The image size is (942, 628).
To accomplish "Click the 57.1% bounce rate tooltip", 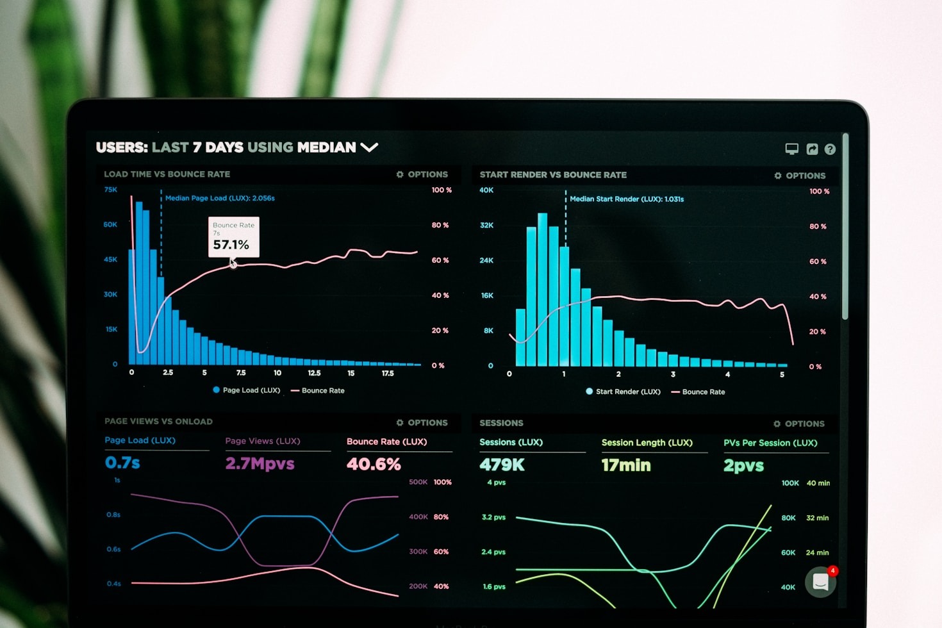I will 233,237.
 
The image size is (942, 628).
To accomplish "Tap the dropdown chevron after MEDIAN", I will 369,147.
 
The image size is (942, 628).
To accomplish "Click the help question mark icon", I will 830,149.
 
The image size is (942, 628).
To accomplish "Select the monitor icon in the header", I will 792,149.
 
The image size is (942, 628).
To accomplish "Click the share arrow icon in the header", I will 812,149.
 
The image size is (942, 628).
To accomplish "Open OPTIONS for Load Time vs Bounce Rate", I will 422,174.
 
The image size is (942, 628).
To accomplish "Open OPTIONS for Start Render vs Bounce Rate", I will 800,176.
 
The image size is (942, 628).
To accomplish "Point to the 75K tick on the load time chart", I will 111,190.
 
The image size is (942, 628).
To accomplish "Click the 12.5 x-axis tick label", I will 314,373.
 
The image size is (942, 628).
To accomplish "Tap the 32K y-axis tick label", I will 486,226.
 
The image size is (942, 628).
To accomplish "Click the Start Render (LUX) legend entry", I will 623,392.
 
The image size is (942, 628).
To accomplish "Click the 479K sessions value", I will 502,465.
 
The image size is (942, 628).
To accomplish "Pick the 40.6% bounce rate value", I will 374,464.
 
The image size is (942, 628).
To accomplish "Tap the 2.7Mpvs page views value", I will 260,463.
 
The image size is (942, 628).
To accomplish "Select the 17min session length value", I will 626,465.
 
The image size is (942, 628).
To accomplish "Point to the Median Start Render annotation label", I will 627,199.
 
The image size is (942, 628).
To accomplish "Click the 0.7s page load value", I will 122,463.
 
